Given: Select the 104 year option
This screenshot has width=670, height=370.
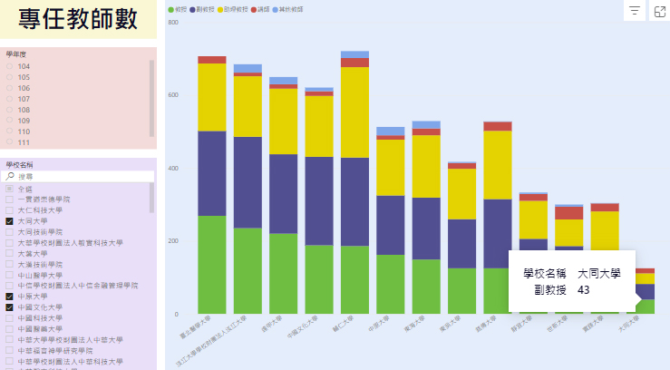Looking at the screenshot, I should point(10,66).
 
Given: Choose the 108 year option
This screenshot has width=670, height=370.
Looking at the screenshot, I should point(10,110).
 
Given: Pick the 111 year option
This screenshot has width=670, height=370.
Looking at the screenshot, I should point(10,142).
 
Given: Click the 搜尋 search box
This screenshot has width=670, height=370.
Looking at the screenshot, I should point(77,177).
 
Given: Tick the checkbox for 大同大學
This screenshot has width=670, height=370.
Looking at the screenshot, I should point(9,220).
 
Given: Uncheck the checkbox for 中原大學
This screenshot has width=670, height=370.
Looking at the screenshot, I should point(9,297).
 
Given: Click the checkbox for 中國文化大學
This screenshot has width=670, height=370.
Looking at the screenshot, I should point(9,307).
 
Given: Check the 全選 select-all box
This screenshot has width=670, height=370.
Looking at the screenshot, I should point(9,188).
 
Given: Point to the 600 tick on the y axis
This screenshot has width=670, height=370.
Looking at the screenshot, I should point(173,95).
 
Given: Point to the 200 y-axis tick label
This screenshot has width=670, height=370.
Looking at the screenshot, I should point(173,241).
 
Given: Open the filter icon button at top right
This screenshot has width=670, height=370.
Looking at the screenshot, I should point(635,11).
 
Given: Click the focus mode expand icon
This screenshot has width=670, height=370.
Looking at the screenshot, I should point(659,11).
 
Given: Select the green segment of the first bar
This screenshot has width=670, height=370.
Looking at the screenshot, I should point(212,264).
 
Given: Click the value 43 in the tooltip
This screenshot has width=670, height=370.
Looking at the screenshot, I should point(583,289).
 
